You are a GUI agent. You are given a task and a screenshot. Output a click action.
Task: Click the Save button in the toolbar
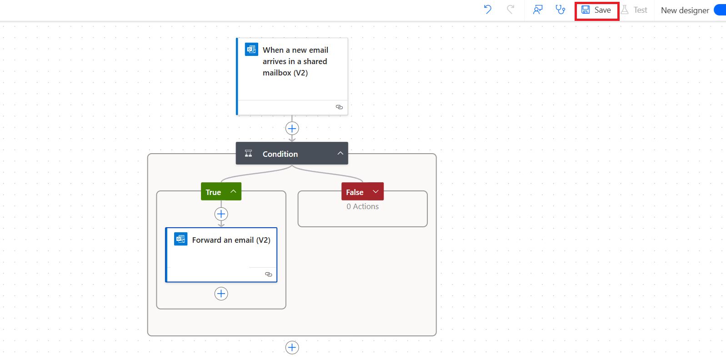(596, 10)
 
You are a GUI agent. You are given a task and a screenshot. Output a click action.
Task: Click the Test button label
(640, 10)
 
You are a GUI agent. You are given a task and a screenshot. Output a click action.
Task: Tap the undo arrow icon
(487, 10)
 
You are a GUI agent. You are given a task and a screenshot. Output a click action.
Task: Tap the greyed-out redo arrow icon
(511, 10)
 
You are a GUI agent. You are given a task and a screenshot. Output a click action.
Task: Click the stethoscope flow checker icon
(560, 10)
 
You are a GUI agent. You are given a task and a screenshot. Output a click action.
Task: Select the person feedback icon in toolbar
(538, 10)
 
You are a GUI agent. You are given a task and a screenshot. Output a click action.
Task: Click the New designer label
(685, 10)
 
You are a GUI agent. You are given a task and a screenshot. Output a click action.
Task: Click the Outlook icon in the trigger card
(251, 49)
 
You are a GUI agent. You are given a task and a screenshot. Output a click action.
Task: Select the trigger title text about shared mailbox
(295, 61)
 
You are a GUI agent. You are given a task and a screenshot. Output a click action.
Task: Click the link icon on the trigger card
(339, 107)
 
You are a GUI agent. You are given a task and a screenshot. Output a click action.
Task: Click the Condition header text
(280, 154)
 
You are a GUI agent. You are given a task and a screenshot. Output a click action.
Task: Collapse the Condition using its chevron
(340, 153)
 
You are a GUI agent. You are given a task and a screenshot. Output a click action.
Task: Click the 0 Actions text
(362, 206)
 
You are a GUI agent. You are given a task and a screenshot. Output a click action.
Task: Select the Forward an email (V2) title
(231, 240)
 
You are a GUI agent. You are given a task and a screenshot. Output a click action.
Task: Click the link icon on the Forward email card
(268, 274)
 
